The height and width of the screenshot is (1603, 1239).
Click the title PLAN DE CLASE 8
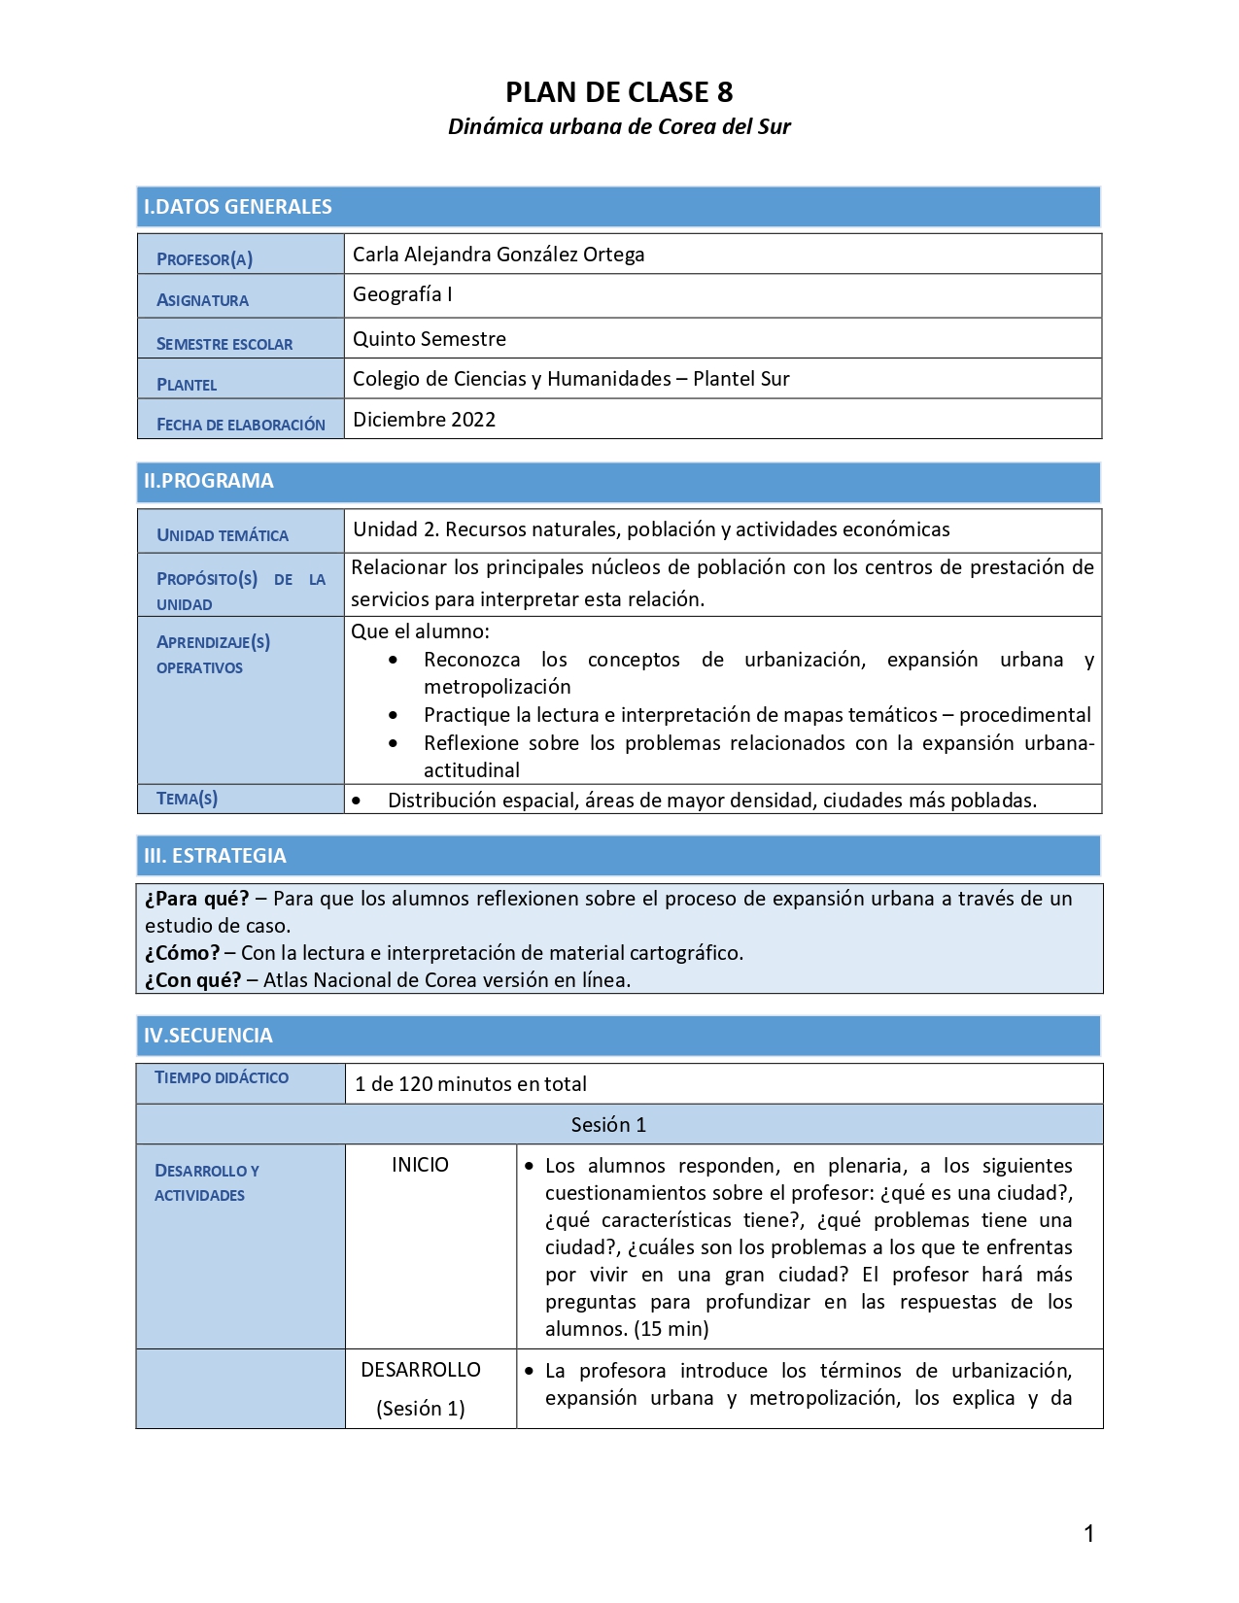pos(619,92)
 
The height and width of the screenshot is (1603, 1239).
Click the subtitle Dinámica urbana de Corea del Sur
pos(619,126)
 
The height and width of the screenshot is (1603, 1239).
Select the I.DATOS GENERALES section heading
pos(238,207)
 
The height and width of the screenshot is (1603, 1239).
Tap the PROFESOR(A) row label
pos(204,259)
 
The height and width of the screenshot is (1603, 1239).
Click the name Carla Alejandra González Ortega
pos(499,255)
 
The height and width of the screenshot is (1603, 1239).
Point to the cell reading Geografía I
pos(402,294)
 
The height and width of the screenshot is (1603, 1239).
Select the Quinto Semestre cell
pos(430,339)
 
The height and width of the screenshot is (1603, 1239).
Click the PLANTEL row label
pos(187,385)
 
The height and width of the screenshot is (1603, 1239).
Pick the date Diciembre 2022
pos(425,420)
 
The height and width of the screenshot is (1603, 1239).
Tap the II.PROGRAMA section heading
pos(209,481)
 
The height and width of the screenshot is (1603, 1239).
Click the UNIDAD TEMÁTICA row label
pos(223,535)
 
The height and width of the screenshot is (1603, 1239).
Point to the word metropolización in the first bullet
pos(498,687)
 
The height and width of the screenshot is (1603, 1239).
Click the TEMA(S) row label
pos(187,799)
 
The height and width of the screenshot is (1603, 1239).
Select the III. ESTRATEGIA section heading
pos(215,856)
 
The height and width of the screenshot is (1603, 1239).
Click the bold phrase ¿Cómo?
pos(183,953)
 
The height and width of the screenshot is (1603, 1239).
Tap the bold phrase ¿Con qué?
pos(193,980)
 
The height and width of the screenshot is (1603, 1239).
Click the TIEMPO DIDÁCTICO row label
pos(222,1077)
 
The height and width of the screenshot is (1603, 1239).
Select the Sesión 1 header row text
pos(608,1125)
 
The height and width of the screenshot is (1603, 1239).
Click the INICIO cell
pos(420,1165)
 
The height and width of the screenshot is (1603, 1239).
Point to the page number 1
pos(1089,1534)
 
